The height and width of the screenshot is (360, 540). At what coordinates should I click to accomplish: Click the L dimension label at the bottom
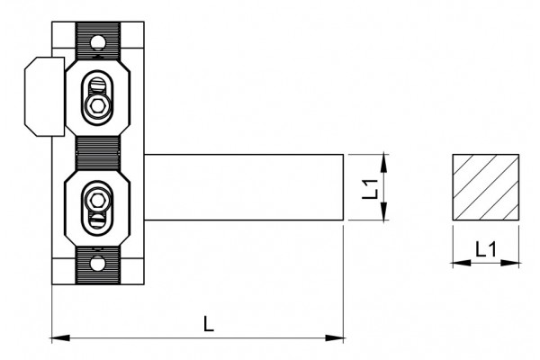(209, 323)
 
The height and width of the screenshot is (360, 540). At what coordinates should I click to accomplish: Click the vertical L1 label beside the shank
(370, 189)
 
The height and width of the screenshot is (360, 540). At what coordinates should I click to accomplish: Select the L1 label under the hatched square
(486, 249)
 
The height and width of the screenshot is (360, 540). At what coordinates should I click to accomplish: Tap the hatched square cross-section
(486, 187)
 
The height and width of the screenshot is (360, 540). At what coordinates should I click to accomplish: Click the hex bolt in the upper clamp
(97, 106)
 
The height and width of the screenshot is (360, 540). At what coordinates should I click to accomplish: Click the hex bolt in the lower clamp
(97, 201)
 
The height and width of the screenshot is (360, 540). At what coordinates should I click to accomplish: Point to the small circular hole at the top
(97, 42)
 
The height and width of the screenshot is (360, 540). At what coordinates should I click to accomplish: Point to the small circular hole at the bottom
(97, 264)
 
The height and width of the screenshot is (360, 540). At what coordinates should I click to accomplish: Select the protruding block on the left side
(44, 96)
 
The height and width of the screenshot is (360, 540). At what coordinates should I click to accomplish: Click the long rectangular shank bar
(244, 187)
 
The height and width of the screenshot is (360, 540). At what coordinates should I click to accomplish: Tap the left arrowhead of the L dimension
(60, 337)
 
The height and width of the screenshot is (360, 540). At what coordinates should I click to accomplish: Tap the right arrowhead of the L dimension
(335, 337)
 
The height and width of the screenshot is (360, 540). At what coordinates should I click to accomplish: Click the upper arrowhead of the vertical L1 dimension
(384, 163)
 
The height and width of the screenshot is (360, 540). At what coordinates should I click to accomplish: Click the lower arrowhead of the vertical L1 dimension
(384, 211)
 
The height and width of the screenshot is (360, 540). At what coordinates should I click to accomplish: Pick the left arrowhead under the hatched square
(462, 263)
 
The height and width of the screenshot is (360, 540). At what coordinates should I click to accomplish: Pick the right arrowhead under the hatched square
(509, 263)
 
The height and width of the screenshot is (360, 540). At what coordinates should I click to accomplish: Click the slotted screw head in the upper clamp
(98, 85)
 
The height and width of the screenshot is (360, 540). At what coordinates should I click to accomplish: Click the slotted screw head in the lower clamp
(97, 219)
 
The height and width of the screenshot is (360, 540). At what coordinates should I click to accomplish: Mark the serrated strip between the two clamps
(97, 153)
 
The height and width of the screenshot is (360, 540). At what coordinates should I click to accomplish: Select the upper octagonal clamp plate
(97, 97)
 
